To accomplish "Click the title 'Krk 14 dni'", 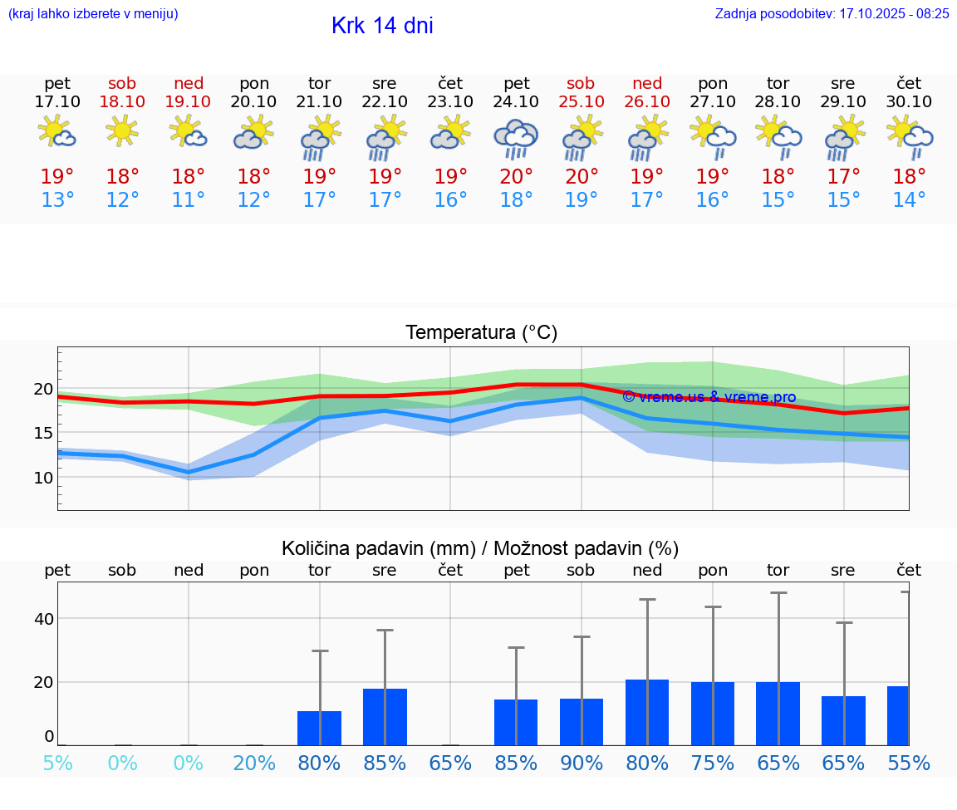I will tap(382, 26).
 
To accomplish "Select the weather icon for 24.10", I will tap(516, 139).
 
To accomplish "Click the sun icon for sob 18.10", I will tap(122, 131).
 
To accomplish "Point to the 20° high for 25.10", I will tap(582, 177).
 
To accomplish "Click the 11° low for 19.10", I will tap(189, 200).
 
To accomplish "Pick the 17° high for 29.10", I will tap(843, 177).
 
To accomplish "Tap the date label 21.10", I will tap(319, 101).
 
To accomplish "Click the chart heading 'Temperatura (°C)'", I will tap(481, 333).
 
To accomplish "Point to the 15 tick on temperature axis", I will tap(43, 433).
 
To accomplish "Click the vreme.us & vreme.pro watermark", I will tap(709, 397).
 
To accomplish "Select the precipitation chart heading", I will tap(480, 548).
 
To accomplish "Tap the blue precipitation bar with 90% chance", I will tap(582, 722).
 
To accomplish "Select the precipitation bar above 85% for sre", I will tap(385, 717).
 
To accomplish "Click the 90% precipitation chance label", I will tap(582, 763).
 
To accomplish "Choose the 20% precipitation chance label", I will tap(254, 763).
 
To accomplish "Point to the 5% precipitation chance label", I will tap(57, 763).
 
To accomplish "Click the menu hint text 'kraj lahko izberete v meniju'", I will tap(93, 13).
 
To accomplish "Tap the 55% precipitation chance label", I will tap(909, 763).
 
